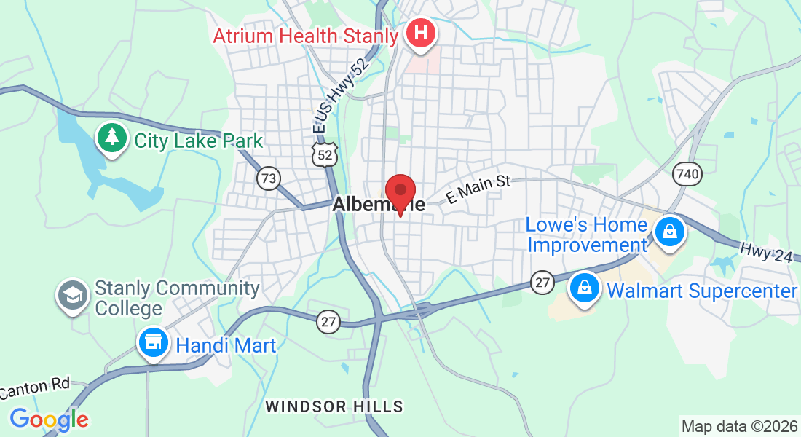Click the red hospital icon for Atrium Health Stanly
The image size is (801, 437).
coord(421,33)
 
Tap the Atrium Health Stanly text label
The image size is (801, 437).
coord(306,36)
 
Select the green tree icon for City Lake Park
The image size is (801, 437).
coord(111,139)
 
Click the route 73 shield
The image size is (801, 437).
coord(269,178)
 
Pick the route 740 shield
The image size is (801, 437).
coord(687,173)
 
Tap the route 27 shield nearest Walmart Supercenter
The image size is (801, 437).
coord(542,283)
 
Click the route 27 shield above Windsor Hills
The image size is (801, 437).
coord(329,320)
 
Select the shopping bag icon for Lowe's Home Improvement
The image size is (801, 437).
coord(668,233)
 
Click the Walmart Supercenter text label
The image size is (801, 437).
coord(702,291)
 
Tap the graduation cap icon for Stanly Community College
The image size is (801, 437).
coord(73,296)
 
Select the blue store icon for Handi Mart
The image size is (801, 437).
coord(154,342)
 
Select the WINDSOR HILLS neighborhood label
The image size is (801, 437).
coord(334,406)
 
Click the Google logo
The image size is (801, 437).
coord(49,420)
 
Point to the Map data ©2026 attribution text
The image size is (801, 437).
coord(738,426)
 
